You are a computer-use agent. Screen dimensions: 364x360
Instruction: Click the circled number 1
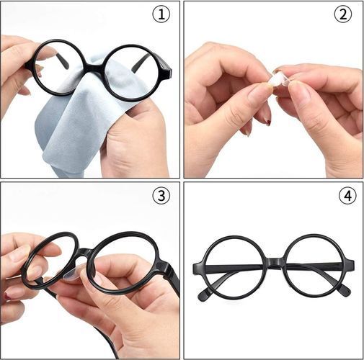click(161, 14)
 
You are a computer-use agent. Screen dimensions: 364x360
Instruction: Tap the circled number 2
click(343, 14)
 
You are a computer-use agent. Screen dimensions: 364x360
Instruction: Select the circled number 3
click(161, 196)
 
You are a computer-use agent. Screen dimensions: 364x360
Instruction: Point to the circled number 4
click(347, 196)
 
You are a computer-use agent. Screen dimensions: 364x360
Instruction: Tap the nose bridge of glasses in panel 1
click(94, 68)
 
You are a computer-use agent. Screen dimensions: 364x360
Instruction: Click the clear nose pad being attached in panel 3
click(74, 274)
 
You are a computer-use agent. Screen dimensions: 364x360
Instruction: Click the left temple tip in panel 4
click(204, 294)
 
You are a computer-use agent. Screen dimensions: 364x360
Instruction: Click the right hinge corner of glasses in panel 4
click(350, 265)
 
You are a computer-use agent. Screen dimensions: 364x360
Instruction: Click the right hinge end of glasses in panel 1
click(167, 71)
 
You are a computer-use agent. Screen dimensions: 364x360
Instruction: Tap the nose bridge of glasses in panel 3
click(84, 253)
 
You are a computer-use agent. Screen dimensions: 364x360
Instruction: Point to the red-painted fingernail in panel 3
click(8, 296)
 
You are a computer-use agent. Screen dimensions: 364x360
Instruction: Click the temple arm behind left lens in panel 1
click(62, 61)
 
